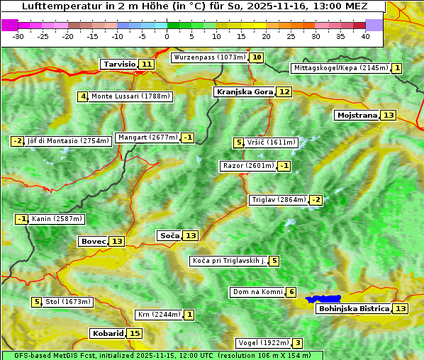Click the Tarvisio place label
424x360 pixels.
coord(119,64)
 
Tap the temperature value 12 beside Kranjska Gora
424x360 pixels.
coord(284,91)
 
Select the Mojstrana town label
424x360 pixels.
coord(357,115)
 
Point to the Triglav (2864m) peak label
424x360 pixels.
coord(279,200)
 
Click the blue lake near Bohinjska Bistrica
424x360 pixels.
coord(324,299)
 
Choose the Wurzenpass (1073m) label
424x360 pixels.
coord(209,57)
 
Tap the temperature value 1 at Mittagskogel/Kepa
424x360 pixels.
coord(397,68)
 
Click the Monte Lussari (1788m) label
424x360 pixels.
coord(131,96)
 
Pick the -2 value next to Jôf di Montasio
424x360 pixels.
coord(18,141)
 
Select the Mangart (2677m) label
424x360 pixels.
coord(147,137)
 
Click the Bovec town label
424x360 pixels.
coord(93,241)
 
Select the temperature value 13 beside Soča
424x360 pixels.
coord(191,235)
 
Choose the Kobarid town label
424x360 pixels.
coord(108,333)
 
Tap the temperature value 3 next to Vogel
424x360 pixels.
coord(298,343)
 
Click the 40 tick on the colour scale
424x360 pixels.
coord(365,36)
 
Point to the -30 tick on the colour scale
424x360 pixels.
coord(18,36)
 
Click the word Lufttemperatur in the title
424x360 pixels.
coord(50,7)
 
